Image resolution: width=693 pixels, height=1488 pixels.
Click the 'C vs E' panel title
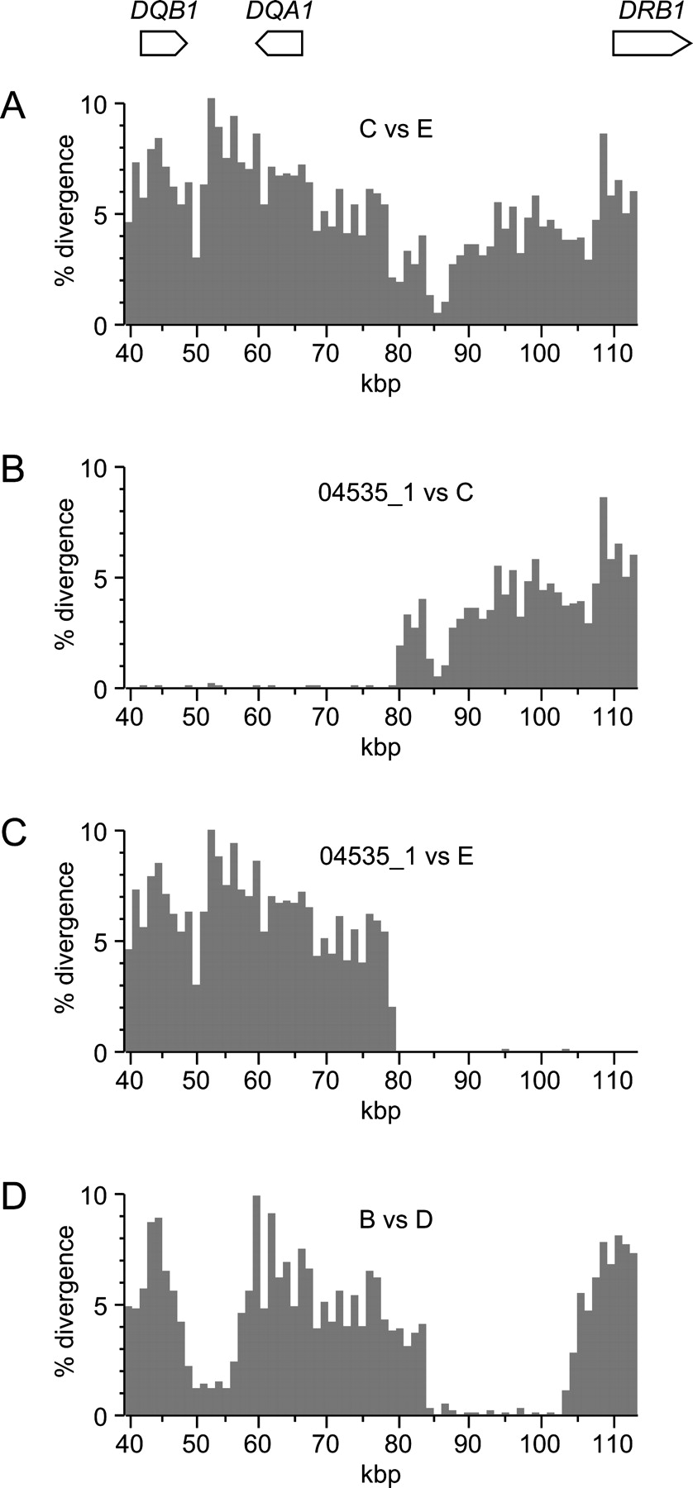(392, 130)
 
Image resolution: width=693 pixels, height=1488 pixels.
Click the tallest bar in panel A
(211, 211)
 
